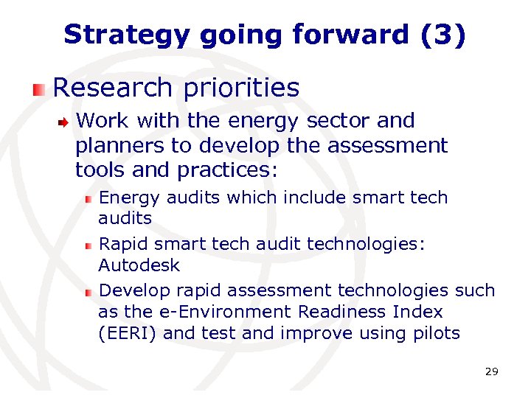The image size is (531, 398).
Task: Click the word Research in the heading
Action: pyautogui.click(x=112, y=88)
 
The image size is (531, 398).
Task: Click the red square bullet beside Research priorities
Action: pyautogui.click(x=39, y=90)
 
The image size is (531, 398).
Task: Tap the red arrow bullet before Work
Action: pyautogui.click(x=64, y=122)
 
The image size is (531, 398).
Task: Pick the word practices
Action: pyautogui.click(x=224, y=171)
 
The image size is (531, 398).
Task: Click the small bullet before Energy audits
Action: pyautogui.click(x=88, y=199)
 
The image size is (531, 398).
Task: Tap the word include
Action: pyautogui.click(x=305, y=198)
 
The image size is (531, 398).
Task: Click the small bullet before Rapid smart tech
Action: pyautogui.click(x=88, y=245)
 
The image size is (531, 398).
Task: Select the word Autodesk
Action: pyautogui.click(x=139, y=265)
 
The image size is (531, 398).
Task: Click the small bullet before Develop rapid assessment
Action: pyautogui.click(x=88, y=292)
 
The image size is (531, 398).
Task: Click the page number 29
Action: pyautogui.click(x=491, y=372)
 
